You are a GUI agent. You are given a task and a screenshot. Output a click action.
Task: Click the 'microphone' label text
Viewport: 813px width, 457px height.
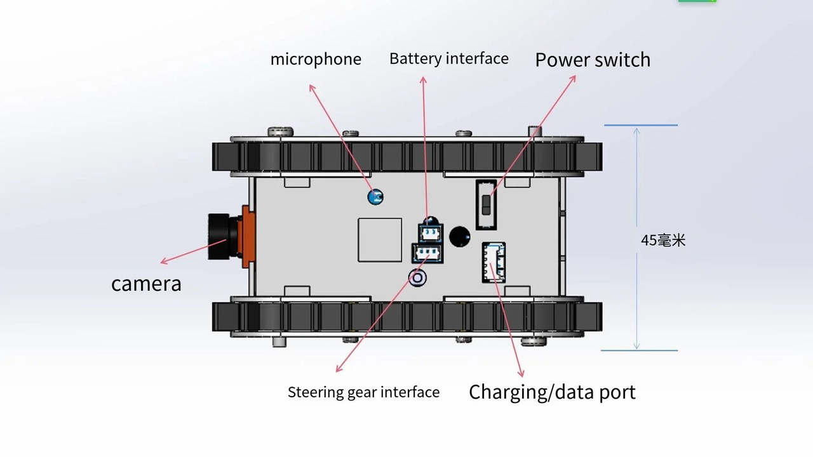pos(316,60)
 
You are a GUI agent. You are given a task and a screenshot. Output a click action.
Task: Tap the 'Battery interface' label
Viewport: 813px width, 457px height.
pos(448,59)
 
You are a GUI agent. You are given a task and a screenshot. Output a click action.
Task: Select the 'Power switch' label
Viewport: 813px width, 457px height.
pos(593,60)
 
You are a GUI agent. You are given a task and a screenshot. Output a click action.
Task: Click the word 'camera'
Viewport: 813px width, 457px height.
pos(146,284)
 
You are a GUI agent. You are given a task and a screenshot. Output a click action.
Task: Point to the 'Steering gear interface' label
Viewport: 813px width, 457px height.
pos(363,392)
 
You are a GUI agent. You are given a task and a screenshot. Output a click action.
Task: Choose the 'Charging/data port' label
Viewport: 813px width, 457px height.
pos(552,392)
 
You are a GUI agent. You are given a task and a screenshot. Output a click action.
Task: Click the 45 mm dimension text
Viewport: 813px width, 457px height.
pos(663,241)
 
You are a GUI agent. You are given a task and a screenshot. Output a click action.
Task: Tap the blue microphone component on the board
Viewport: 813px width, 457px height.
pos(375,197)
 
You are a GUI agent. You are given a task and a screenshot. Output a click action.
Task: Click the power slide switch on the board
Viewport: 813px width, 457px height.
pos(487,204)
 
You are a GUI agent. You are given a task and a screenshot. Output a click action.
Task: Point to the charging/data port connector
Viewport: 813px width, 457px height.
pos(494,262)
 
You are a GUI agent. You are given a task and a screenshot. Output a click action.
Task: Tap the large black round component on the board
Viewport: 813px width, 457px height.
pos(460,236)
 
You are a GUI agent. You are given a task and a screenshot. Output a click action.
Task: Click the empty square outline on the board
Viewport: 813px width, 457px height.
pos(380,240)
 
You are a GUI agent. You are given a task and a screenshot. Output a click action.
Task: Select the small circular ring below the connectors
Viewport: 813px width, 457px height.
pos(418,278)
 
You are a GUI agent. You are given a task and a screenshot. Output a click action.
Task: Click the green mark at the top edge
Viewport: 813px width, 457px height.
pos(697,1)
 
